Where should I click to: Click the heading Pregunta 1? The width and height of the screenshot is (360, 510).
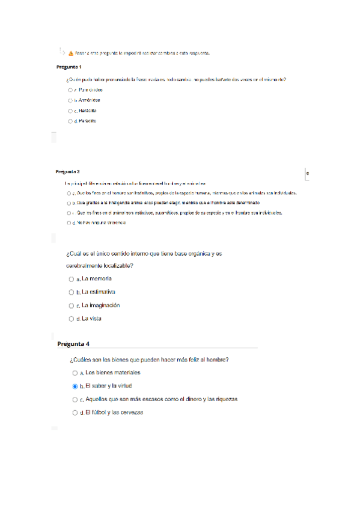pyautogui.click(x=69, y=66)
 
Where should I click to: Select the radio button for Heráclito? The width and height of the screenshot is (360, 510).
pyautogui.click(x=70, y=111)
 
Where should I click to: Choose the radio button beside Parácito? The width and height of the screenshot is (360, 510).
pyautogui.click(x=70, y=121)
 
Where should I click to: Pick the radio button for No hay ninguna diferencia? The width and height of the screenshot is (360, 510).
pyautogui.click(x=70, y=223)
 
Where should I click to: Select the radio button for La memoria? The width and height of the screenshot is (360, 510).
pyautogui.click(x=72, y=280)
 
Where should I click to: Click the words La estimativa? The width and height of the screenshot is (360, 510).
pyautogui.click(x=99, y=292)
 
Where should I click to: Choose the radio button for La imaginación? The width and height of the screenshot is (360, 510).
pyautogui.click(x=72, y=306)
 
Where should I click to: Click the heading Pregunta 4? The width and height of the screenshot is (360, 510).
pyautogui.click(x=73, y=344)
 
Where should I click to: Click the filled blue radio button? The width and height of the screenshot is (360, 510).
pyautogui.click(x=75, y=387)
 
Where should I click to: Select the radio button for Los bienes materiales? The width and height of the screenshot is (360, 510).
pyautogui.click(x=75, y=373)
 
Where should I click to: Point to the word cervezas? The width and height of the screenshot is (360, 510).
pyautogui.click(x=130, y=413)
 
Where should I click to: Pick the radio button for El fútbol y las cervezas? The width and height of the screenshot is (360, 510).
pyautogui.click(x=75, y=413)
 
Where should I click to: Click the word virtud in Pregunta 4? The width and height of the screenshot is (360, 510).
pyautogui.click(x=124, y=386)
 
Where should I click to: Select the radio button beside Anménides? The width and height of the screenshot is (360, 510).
pyautogui.click(x=70, y=100)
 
